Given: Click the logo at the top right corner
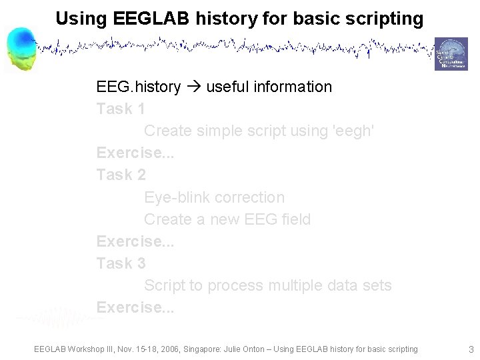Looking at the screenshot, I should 451,54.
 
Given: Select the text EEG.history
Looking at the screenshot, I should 138,87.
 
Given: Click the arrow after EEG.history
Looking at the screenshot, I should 193,87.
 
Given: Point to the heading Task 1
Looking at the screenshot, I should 121,109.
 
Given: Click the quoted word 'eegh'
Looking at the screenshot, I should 353,131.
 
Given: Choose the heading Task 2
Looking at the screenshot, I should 121,175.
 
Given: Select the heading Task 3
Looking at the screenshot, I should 121,263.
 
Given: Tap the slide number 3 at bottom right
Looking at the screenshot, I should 471,349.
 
